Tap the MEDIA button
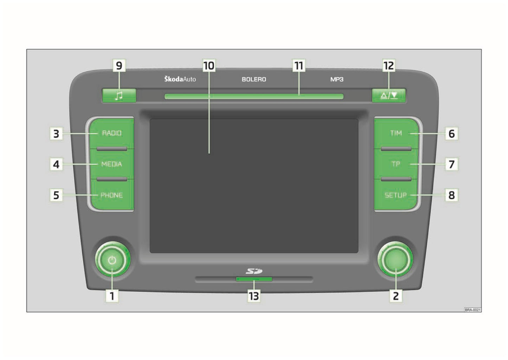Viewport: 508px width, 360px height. tap(111, 164)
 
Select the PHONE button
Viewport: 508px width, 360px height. tap(111, 195)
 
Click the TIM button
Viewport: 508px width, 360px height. tap(396, 133)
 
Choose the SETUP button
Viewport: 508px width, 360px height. tap(396, 195)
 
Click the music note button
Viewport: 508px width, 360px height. tap(119, 96)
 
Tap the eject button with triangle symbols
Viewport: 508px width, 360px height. tap(389, 96)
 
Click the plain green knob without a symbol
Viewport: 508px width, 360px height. tap(395, 260)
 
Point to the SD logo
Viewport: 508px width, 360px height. tap(254, 271)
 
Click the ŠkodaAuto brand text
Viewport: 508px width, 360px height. tap(180, 79)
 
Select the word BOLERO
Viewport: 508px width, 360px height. tap(254, 79)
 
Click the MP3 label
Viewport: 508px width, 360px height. tap(336, 79)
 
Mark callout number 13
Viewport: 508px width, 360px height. tap(254, 296)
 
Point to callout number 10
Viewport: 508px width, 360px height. tap(209, 66)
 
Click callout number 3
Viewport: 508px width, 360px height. tap(56, 134)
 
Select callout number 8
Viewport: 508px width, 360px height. tap(452, 195)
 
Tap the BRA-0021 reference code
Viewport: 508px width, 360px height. tap(472, 310)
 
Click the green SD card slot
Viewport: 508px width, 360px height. tap(254, 279)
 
